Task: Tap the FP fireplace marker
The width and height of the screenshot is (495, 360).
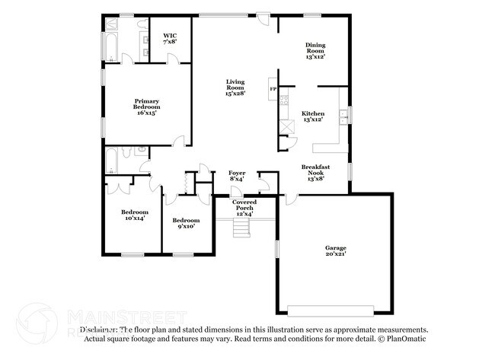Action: pos(273,90)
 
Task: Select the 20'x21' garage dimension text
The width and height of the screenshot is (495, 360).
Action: pos(336,256)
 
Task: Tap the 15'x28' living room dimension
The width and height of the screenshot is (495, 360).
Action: pos(235,94)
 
